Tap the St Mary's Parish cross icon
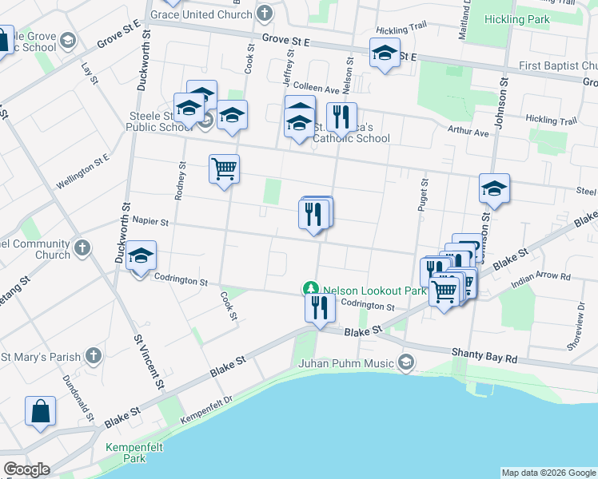94,355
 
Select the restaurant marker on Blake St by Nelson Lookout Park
319,307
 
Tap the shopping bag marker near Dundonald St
40,412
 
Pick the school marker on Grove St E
385,54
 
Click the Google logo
26,469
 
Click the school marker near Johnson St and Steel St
494,189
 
